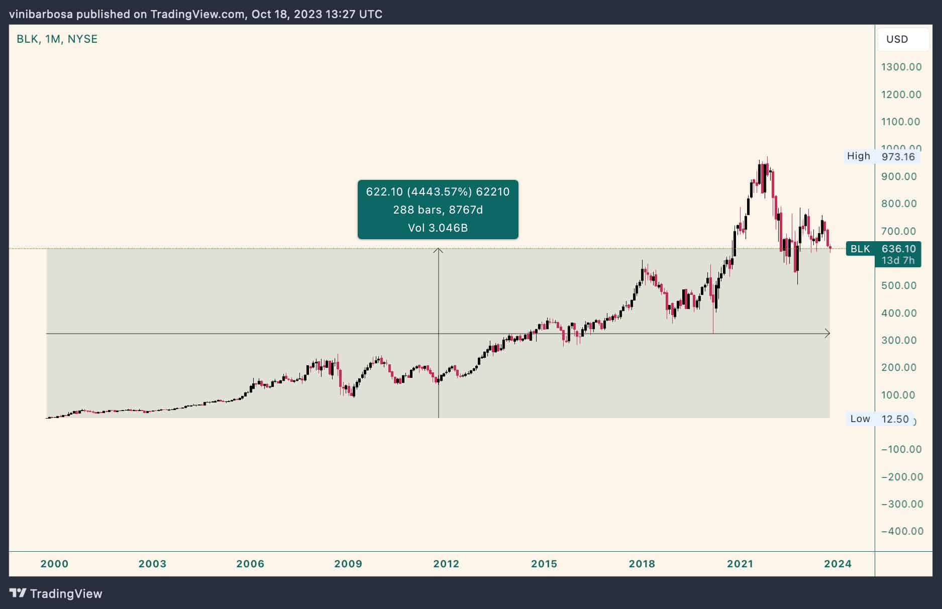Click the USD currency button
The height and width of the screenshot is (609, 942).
pos(897,39)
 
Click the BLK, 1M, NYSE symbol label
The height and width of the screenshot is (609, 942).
pos(57,39)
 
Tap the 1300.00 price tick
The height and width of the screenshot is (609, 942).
pos(901,67)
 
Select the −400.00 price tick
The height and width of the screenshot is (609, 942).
pos(902,531)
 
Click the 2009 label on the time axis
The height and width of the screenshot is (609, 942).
pos(348,564)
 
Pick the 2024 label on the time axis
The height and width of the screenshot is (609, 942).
pos(838,564)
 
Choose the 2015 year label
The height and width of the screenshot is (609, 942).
pos(544,564)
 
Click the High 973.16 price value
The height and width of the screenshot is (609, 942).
pos(898,156)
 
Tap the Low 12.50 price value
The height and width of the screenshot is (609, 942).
pos(895,419)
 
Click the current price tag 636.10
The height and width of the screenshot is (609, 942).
pos(898,249)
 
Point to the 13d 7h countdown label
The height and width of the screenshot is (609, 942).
pos(898,260)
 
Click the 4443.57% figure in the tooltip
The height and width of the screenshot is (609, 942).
pos(439,191)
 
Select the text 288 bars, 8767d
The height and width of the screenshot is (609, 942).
pos(438,210)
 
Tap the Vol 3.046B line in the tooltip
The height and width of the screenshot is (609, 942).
pos(438,228)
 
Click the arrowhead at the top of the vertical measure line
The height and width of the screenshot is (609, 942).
pos(439,250)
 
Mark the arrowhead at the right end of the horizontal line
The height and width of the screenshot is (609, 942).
pos(827,333)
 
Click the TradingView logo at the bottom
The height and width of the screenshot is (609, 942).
pos(56,593)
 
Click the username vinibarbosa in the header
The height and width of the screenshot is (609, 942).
pos(41,14)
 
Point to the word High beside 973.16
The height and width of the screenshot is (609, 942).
pos(858,156)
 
